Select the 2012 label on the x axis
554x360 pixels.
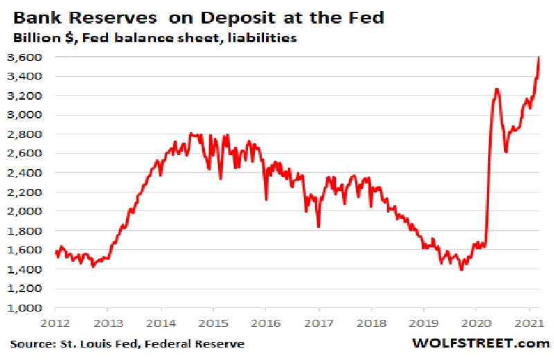tap(55, 323)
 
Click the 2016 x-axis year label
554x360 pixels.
tap(265, 323)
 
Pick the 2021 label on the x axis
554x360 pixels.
tap(529, 323)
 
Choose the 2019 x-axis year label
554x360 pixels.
tap(423, 323)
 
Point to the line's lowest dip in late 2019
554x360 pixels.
tap(461, 269)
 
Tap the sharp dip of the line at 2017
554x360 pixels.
tap(319, 226)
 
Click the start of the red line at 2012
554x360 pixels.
tap(55, 252)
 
